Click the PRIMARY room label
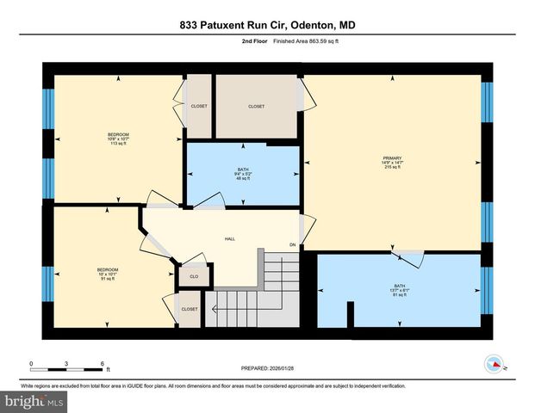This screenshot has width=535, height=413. pyautogui.click(x=393, y=158)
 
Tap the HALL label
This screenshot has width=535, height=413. pyautogui.click(x=230, y=239)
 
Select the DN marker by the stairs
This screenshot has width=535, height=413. pyautogui.click(x=292, y=246)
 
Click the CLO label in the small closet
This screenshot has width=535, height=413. pyautogui.click(x=194, y=278)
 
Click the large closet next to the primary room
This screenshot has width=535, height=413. pyautogui.click(x=257, y=107)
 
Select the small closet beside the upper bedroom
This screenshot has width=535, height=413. pyautogui.click(x=199, y=107)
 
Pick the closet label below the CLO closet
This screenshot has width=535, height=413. pyautogui.click(x=190, y=309)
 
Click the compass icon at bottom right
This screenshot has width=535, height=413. pyautogui.click(x=495, y=363)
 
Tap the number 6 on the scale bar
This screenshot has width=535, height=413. pyautogui.click(x=103, y=364)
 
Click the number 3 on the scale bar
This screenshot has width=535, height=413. pyautogui.click(x=66, y=364)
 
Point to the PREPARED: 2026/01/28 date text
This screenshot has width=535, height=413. pyautogui.click(x=267, y=369)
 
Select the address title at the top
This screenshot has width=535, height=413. pyautogui.click(x=267, y=26)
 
